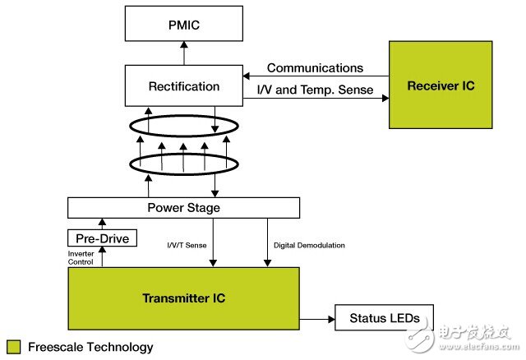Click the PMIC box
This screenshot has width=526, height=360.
(183, 25)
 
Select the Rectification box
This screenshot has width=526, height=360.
(183, 85)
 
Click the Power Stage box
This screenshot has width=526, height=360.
(183, 208)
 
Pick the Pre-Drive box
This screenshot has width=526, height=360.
(102, 238)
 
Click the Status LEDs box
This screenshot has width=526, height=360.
(384, 317)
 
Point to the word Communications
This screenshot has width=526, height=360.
(315, 68)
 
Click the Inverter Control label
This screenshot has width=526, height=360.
(84, 258)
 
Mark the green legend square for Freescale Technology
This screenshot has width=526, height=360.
(13, 347)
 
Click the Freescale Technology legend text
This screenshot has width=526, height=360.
(90, 347)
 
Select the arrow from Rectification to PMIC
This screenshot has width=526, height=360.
(183, 55)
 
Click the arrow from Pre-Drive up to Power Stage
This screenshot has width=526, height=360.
(102, 223)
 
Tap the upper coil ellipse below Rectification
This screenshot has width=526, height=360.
(183, 131)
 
